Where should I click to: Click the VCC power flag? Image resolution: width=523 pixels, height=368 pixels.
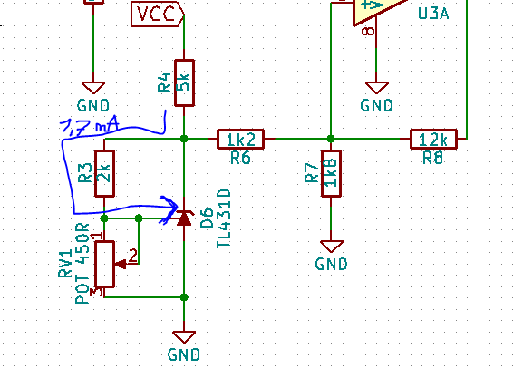158,14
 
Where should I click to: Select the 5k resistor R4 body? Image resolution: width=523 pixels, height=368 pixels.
184,83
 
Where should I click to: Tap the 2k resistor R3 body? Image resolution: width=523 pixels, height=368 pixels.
105,173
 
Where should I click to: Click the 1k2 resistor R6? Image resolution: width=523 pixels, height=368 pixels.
240,139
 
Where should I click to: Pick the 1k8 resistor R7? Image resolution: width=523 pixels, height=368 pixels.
331,173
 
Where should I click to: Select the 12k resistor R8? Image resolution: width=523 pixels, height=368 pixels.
433,139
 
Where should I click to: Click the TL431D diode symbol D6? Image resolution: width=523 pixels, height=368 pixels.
184,218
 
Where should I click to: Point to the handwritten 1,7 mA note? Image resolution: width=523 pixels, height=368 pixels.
90,126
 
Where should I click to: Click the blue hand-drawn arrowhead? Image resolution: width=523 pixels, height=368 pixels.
169,209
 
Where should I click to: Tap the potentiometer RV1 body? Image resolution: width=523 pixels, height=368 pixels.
105,264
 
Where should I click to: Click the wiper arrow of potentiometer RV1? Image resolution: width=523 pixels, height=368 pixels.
121,265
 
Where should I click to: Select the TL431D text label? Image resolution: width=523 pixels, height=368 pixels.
224,218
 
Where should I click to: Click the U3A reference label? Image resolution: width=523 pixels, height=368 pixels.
433,14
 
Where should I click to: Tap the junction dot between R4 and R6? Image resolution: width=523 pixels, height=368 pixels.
184,139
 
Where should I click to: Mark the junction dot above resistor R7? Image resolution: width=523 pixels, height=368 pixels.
331,139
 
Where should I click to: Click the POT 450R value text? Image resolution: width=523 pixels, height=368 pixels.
82,263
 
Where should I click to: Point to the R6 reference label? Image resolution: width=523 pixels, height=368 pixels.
240,158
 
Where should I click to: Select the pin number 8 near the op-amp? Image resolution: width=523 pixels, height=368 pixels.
368,32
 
